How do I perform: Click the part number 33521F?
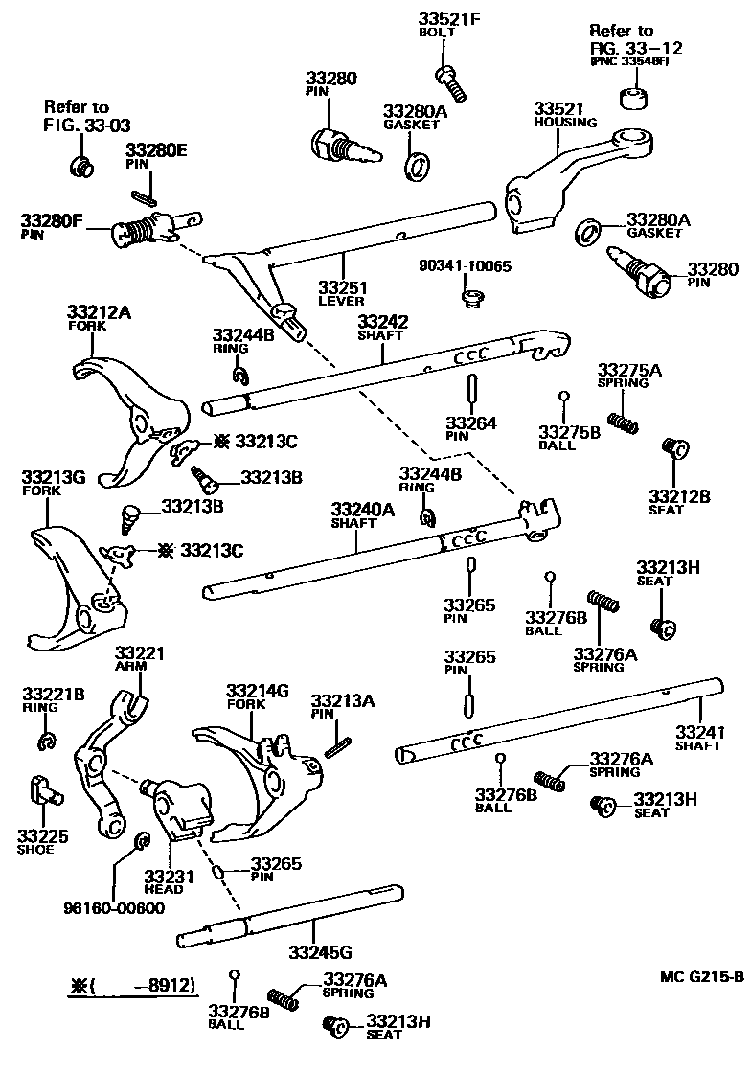coord(450,19)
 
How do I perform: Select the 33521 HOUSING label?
coord(564,114)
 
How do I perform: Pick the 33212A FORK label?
coord(100,317)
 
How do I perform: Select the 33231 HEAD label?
coord(170,881)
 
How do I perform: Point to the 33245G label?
coord(320,951)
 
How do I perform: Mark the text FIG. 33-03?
coord(86,125)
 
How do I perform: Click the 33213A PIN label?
coord(342,707)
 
